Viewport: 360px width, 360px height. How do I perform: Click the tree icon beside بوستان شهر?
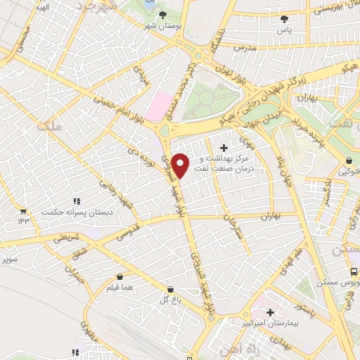click(x=162, y=14)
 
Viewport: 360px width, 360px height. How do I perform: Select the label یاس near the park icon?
click(x=283, y=31)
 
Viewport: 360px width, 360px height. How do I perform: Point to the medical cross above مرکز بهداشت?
click(x=224, y=148)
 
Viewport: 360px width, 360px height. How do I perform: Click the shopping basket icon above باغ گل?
click(x=170, y=289)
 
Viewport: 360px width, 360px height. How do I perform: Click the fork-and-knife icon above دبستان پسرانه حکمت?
click(x=75, y=201)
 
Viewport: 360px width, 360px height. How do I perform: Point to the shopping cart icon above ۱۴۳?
click(x=23, y=211)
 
